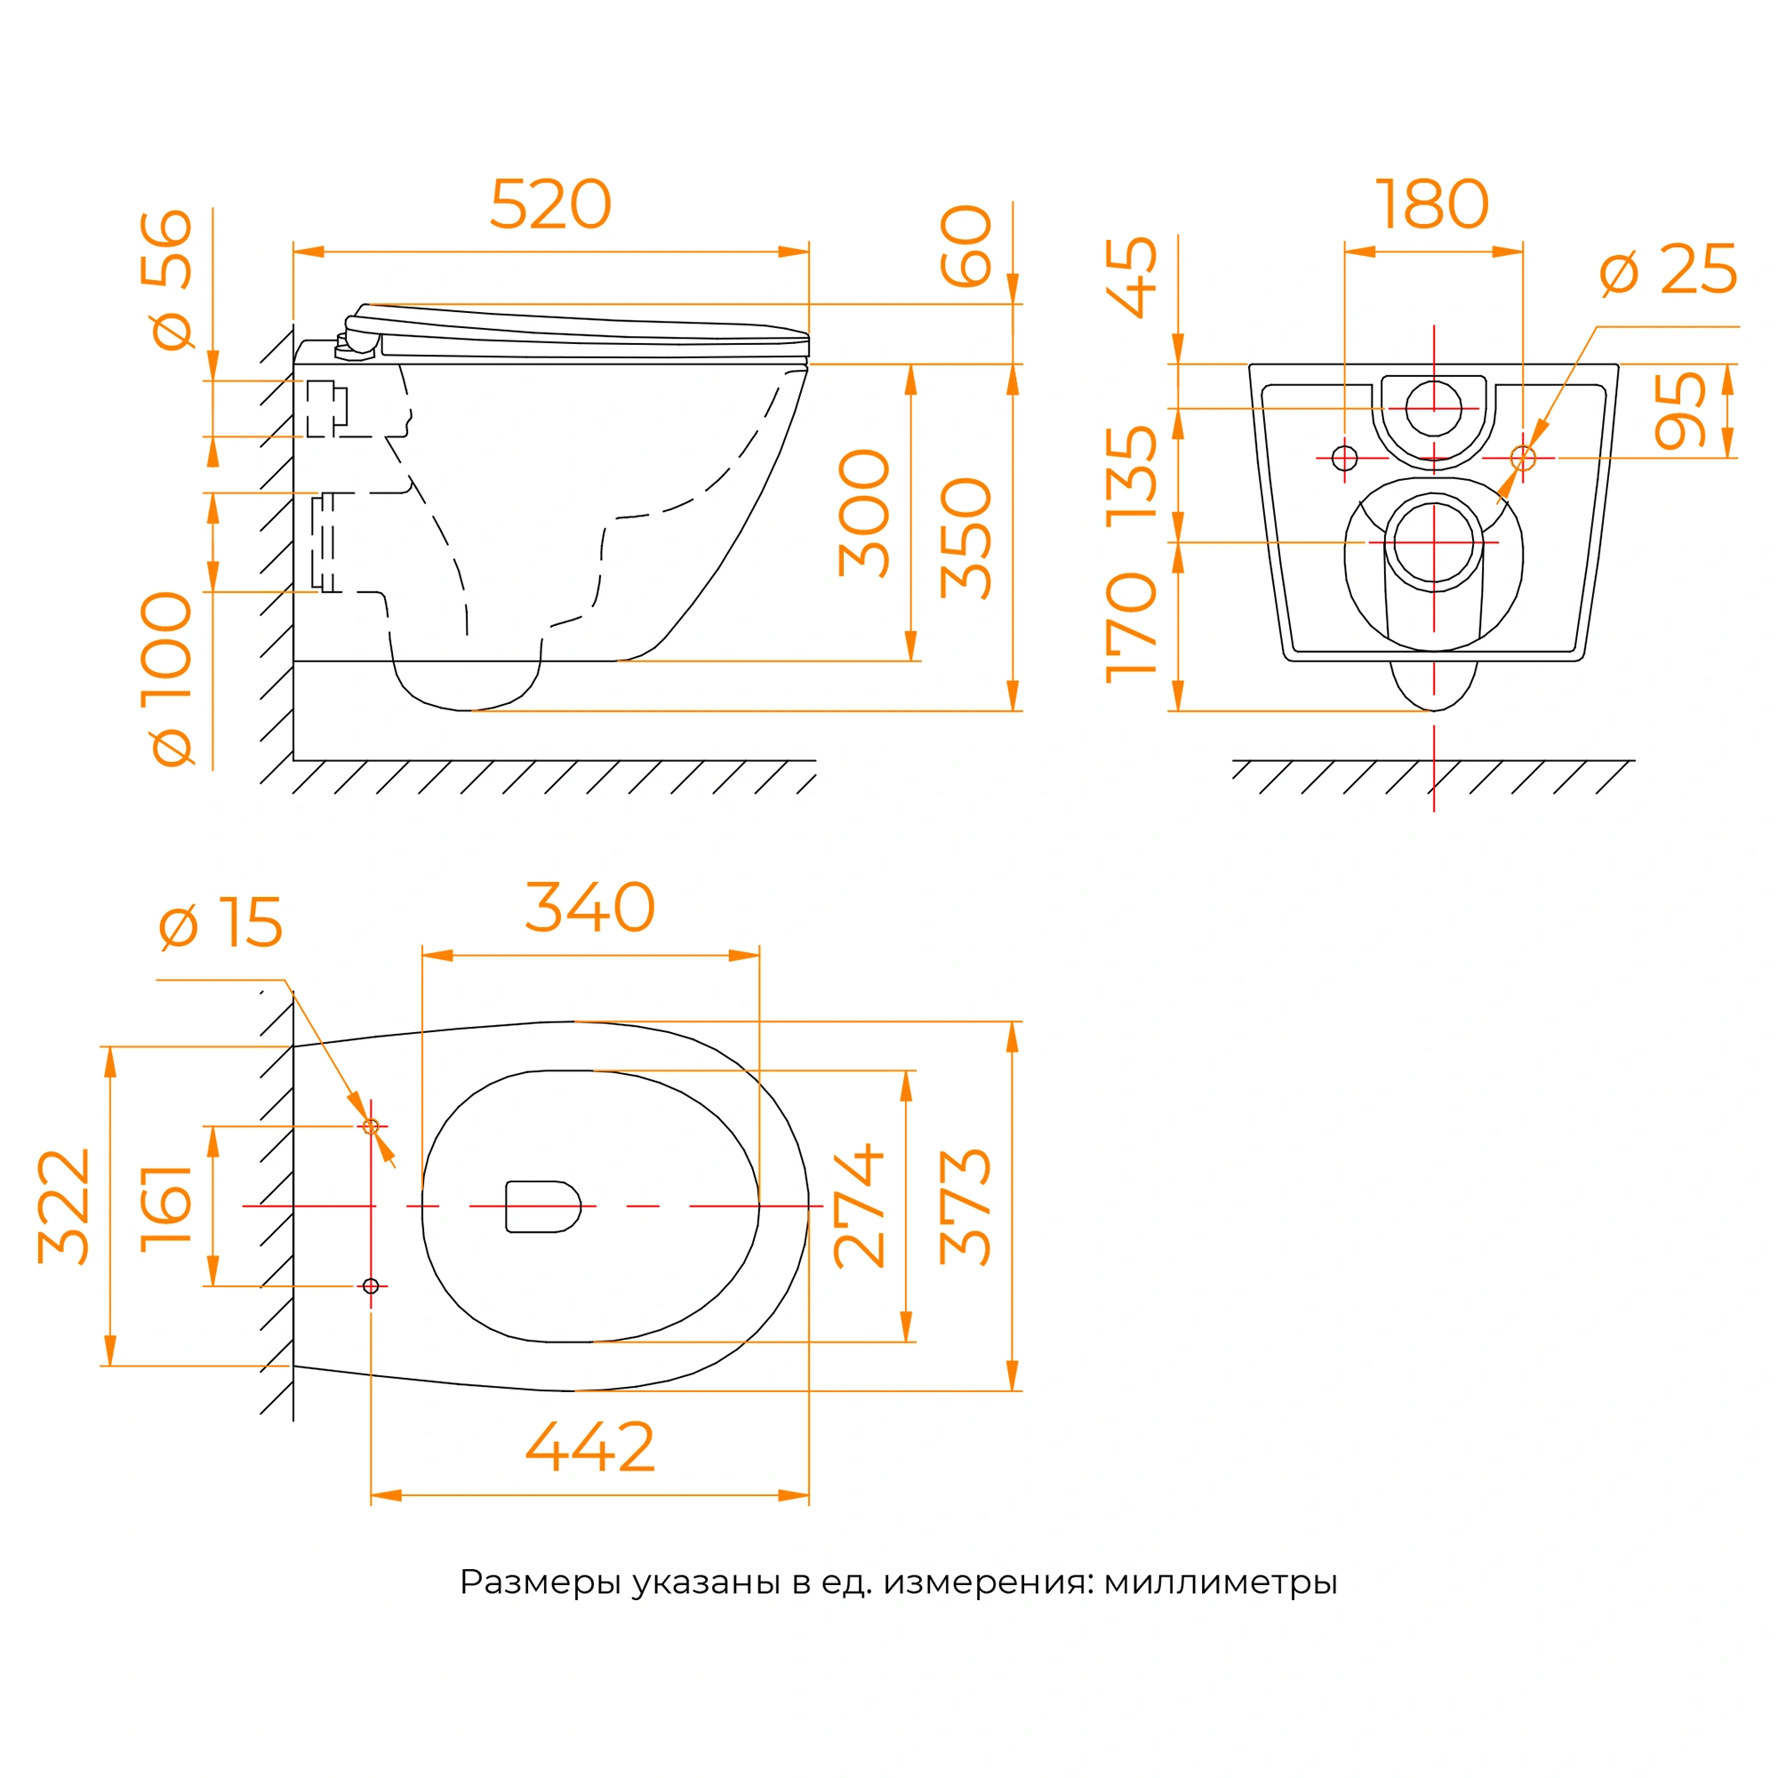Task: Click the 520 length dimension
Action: tap(550, 204)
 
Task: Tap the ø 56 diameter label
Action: tap(166, 280)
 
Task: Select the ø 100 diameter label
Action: tap(166, 678)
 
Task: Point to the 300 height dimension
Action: tap(864, 513)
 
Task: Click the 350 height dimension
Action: tap(966, 539)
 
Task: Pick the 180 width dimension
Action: tap(1432, 204)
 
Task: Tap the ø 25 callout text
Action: tap(1669, 269)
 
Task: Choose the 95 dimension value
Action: tap(1680, 411)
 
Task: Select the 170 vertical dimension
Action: tap(1131, 628)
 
